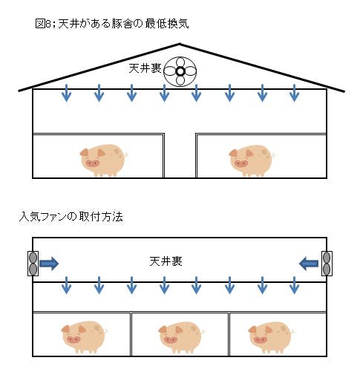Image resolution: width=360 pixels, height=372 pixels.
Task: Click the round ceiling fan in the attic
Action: [x=180, y=71]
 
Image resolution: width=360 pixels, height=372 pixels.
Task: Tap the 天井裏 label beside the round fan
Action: [x=145, y=68]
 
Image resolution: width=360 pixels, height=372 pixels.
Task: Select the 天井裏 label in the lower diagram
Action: [x=166, y=261]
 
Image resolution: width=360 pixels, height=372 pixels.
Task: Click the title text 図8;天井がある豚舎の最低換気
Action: [x=112, y=24]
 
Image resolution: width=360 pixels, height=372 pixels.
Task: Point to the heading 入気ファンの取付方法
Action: [x=71, y=217]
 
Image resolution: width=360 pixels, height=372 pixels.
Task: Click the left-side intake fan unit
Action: [x=33, y=264]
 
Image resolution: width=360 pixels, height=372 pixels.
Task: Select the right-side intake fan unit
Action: [x=327, y=264]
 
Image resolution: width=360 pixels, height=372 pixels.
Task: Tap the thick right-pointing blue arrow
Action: [x=49, y=264]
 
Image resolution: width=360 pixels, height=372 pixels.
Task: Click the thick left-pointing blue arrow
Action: [x=309, y=264]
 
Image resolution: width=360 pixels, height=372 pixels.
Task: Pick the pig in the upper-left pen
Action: [x=104, y=160]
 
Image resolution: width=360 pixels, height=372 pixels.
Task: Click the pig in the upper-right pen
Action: [x=252, y=160]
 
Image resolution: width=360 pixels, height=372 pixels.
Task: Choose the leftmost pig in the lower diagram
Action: [x=84, y=337]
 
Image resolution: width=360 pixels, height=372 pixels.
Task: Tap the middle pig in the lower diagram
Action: [x=181, y=337]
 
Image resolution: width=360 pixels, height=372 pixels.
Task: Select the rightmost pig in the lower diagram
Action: [x=272, y=337]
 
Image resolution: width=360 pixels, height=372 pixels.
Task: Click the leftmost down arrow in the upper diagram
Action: [x=66, y=93]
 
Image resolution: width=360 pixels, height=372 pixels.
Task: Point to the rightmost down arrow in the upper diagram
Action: [x=294, y=93]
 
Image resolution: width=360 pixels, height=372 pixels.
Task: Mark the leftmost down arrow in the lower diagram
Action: [x=66, y=285]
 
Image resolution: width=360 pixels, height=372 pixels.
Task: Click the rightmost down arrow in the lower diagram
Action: [x=294, y=285]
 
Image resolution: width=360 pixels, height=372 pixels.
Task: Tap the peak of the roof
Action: [x=180, y=44]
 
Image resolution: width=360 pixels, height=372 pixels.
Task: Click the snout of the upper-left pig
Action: [x=92, y=163]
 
